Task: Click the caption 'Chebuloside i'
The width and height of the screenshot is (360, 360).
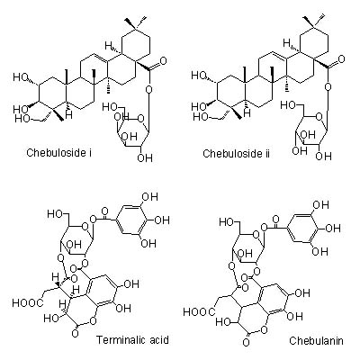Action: [x=59, y=152]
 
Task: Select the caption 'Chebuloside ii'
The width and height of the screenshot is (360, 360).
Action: [x=236, y=154]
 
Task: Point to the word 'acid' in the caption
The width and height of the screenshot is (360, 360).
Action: [x=159, y=340]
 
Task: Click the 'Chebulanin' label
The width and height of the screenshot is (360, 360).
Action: [x=316, y=340]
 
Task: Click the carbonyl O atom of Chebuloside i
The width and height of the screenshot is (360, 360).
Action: [x=163, y=61]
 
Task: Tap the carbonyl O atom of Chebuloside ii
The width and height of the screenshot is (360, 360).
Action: [x=341, y=58]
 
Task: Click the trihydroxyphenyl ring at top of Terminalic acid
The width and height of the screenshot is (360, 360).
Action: [x=133, y=220]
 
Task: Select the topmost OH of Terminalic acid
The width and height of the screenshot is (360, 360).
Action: [x=149, y=197]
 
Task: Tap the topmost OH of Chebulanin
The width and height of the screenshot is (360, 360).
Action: [x=320, y=205]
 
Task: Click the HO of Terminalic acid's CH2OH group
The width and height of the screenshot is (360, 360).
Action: [x=55, y=214]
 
